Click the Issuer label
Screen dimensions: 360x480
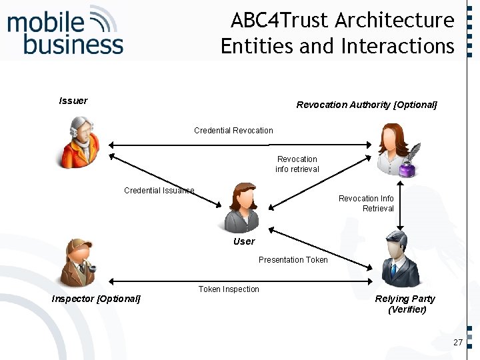pos(73,101)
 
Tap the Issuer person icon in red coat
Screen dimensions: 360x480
pos(79,142)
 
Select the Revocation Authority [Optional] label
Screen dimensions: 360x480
pos(367,105)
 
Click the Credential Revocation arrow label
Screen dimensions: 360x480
pos(233,130)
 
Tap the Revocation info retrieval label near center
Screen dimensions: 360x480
pos(297,164)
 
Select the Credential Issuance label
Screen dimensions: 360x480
pos(159,191)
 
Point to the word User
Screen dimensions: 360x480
pos(244,241)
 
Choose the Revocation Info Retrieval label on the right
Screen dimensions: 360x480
pos(366,203)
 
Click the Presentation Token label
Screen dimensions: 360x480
pos(293,260)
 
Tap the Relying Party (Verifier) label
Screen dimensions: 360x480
pos(405,304)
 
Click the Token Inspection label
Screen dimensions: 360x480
pos(229,289)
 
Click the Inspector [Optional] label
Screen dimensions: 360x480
pos(96,299)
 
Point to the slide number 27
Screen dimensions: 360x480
pos(457,342)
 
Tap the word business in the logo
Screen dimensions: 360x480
pos(73,45)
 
